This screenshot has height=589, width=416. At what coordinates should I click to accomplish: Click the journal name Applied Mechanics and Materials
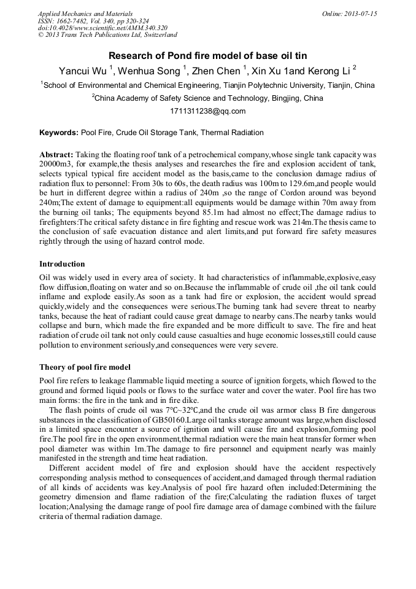(85, 14)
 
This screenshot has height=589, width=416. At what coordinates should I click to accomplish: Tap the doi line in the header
(102, 28)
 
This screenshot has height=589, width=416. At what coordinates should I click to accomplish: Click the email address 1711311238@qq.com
(207, 111)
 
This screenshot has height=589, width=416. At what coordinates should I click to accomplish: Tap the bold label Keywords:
(59, 132)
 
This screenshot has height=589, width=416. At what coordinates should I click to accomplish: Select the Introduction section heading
(62, 264)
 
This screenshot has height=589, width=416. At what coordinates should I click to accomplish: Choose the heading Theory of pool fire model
(85, 367)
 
